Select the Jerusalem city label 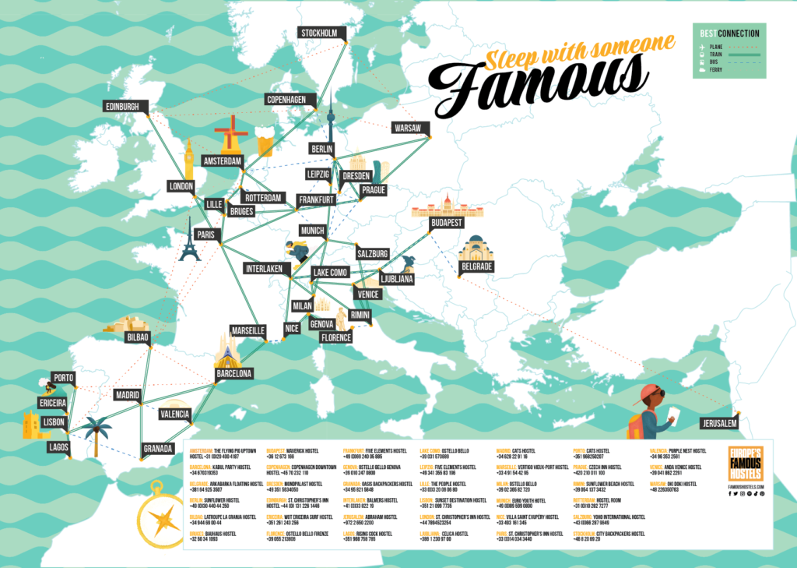tap(718, 422)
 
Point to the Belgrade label tap(476, 266)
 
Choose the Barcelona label tap(234, 374)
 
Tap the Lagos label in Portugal tap(58, 446)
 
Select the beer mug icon tap(265, 145)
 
